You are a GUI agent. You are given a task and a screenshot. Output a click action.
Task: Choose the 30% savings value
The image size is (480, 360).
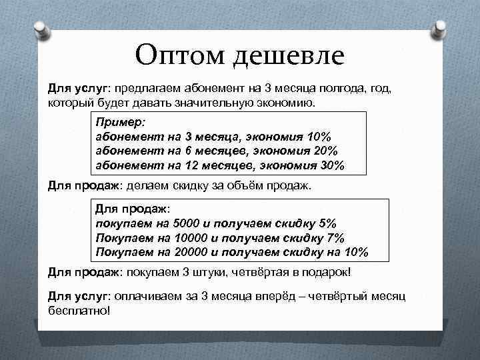[x=330, y=165]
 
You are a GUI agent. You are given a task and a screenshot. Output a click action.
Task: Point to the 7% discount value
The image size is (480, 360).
[x=336, y=237]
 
